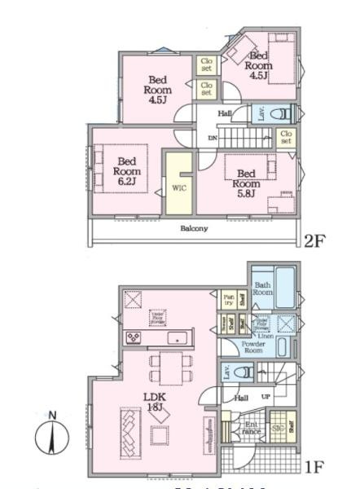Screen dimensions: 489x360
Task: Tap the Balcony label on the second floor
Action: coord(195,228)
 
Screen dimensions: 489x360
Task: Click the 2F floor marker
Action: coord(315,240)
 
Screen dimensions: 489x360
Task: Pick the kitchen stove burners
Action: coord(134,337)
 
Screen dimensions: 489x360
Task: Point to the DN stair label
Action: coord(212,138)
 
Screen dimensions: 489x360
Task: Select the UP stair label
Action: coord(265,397)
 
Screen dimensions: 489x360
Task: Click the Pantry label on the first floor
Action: coord(229,301)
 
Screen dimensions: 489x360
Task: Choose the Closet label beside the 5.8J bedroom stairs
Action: coord(285,136)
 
